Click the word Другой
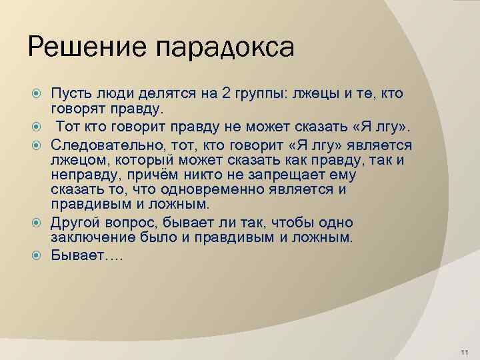(75, 222)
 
